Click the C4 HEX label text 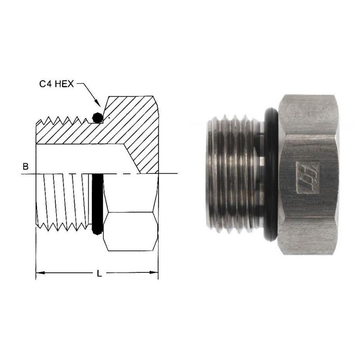[x=56, y=84]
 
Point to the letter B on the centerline [x=26, y=167]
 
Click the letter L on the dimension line [x=99, y=273]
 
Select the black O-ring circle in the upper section [x=98, y=117]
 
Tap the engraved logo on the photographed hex [x=308, y=177]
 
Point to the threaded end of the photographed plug [x=233, y=175]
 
